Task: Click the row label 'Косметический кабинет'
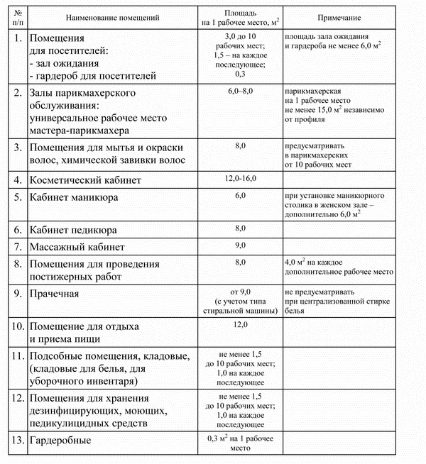tap(85, 180)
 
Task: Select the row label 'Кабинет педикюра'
tap(72, 231)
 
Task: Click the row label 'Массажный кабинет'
tap(77, 248)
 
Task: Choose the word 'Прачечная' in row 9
tap(53, 293)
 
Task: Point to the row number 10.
tap(15, 326)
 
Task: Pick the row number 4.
tap(16, 180)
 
